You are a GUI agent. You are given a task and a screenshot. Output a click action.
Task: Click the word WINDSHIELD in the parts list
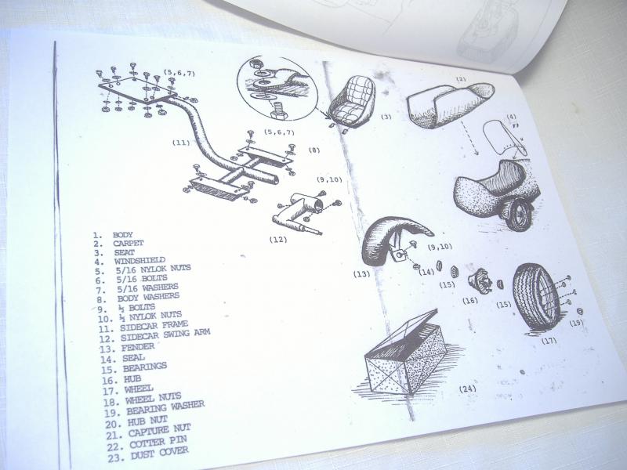[x=140, y=261]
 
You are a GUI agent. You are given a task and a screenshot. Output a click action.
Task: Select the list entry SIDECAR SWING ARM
[x=165, y=335]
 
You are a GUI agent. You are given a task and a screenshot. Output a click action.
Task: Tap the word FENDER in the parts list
[x=138, y=348]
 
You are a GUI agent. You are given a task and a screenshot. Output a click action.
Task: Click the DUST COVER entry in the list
[x=160, y=454]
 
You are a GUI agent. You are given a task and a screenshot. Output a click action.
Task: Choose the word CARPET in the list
[x=128, y=244]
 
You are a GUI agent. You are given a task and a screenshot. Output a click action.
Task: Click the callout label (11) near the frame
[x=181, y=143]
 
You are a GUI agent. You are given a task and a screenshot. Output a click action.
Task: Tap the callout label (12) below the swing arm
[x=278, y=240]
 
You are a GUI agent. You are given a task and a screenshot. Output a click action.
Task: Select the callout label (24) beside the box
[x=467, y=389]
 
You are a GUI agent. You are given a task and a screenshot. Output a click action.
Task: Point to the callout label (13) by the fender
[x=361, y=274]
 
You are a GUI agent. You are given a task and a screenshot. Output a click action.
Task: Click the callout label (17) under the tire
[x=549, y=341]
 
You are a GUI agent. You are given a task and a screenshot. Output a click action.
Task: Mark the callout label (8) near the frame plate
[x=314, y=150]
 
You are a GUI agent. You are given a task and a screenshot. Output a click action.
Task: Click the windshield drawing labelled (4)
[x=504, y=139]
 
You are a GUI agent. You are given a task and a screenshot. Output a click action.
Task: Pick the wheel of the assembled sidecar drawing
[x=519, y=215]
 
